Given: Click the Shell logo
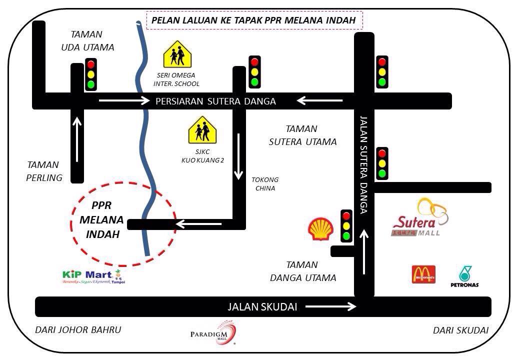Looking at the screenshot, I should tap(320, 229).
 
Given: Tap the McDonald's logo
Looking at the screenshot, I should tap(423, 274).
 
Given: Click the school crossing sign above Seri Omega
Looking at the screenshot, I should tap(177, 55).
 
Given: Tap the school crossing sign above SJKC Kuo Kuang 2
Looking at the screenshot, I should tap(202, 130).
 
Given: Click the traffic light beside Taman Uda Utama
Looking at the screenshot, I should tap(90, 74).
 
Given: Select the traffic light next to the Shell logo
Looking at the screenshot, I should tap(346, 226).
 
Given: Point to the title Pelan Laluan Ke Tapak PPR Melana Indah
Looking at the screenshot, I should tap(253, 20).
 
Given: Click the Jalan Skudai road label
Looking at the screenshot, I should tap(262, 307).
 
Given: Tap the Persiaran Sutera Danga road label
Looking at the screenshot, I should tap(215, 101).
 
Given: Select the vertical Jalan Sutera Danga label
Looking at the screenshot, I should tap(363, 165).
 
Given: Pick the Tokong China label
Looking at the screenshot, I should tap(265, 184).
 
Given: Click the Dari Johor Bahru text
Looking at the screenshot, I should tap(78, 330).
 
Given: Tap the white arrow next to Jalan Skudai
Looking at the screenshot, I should tap(330, 306).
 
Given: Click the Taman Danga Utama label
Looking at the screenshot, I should tap(303, 271).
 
